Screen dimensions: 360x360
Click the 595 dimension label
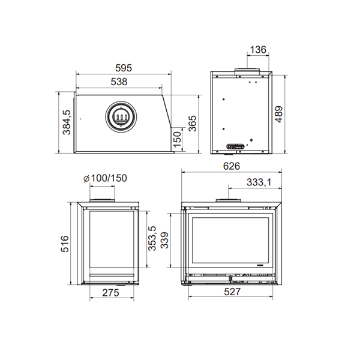point(124,68)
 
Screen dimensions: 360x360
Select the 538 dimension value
point(119,82)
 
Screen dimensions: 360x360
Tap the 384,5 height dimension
point(67,122)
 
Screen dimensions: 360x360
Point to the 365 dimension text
point(193,123)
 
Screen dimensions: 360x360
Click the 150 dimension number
point(177,140)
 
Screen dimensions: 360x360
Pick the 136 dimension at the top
point(258,50)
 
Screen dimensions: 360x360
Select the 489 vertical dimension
point(278,115)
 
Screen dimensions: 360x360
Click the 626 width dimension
point(232,166)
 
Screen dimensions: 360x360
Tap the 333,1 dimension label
point(259,182)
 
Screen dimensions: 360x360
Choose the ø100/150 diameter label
point(105,178)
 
